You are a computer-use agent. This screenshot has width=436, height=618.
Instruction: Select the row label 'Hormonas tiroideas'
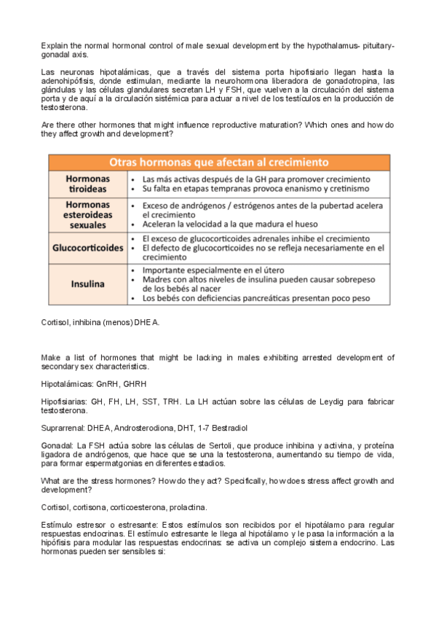coord(87,183)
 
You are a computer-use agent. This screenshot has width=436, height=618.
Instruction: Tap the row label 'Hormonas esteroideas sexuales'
coord(87,215)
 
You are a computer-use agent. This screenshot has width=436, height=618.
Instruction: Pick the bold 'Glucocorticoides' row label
coord(87,248)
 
